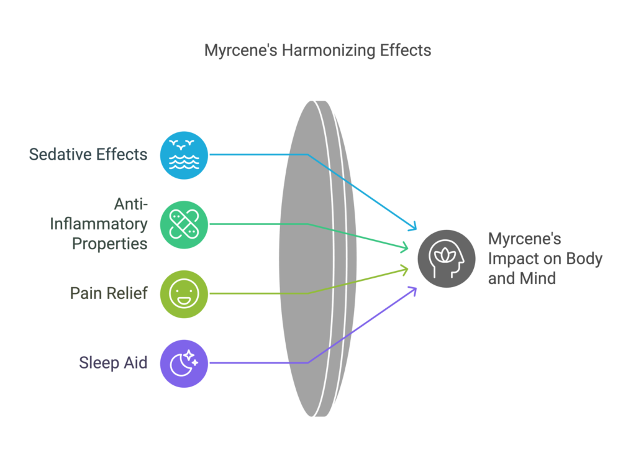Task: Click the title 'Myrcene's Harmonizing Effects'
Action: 317,50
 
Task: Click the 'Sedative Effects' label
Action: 88,153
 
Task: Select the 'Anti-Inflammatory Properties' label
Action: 99,223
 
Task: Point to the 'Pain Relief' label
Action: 109,293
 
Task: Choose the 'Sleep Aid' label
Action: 113,362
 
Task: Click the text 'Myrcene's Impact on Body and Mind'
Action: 545,258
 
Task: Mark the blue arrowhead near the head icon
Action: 412,226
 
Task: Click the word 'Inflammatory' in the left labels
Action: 99,223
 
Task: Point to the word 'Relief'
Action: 127,293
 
